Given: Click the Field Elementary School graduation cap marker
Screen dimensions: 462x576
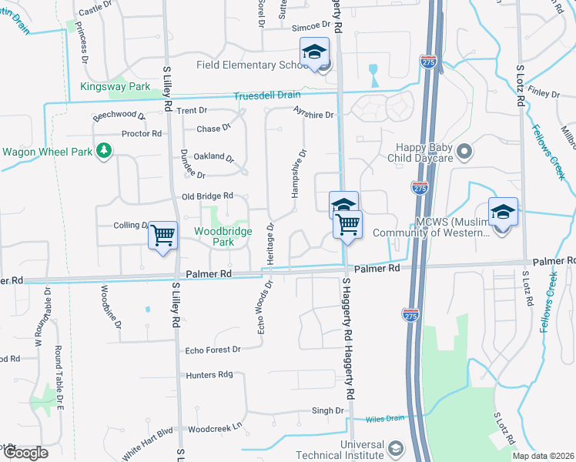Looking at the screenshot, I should [x=314, y=52].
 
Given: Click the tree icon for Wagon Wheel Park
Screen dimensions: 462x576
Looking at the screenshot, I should [x=102, y=151].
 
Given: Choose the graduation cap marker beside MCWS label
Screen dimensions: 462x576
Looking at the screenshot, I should [x=503, y=213].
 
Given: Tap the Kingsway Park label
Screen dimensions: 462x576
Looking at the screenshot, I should [x=116, y=87].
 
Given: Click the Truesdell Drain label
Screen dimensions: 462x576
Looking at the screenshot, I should [x=267, y=95].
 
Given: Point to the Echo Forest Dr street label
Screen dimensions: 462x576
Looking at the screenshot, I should [x=213, y=350].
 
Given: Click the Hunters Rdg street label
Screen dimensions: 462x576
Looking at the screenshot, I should [x=209, y=375].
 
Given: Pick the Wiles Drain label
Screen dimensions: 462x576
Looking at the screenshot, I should [x=385, y=419].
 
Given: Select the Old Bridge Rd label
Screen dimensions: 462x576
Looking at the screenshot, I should [x=207, y=197].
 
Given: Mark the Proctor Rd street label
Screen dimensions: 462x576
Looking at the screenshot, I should [x=142, y=133].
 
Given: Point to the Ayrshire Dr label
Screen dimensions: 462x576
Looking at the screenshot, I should [x=314, y=115].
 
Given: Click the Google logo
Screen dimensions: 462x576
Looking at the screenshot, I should [x=25, y=453].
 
